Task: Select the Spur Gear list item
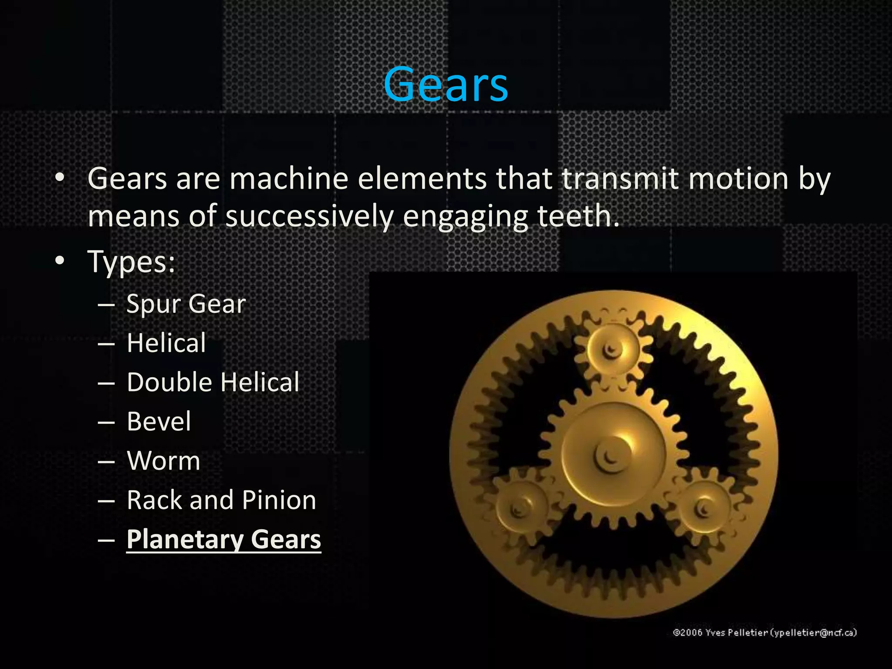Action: (186, 304)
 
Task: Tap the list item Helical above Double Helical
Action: (166, 343)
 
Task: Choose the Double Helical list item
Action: (213, 382)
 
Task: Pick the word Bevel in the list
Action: (159, 421)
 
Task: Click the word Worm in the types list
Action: (164, 460)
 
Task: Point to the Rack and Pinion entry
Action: (221, 500)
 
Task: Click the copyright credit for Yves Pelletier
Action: (765, 632)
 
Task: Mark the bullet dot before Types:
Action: (60, 261)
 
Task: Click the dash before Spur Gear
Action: (106, 304)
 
